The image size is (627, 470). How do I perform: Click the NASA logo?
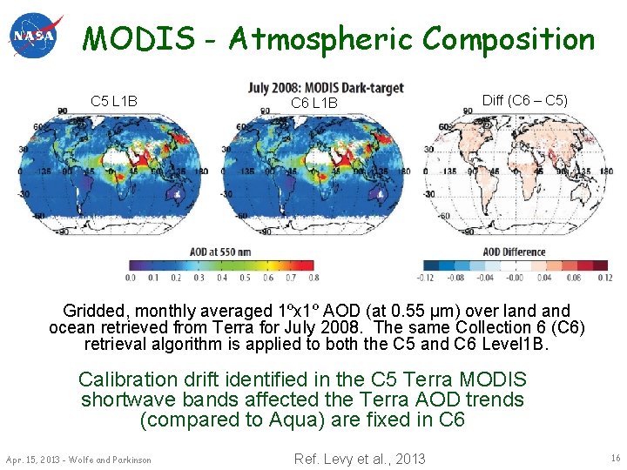(36, 36)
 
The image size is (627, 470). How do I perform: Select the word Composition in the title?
(509, 39)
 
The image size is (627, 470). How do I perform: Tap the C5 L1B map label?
(114, 102)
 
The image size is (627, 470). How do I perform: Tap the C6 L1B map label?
(314, 104)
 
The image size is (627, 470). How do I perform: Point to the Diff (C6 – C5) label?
(525, 100)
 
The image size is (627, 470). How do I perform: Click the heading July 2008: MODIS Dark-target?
(327, 88)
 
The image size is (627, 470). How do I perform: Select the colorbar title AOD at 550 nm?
(221, 252)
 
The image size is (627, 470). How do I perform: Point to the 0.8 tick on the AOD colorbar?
(313, 278)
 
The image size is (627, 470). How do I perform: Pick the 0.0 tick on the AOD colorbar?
(130, 278)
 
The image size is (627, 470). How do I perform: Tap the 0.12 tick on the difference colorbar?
(605, 278)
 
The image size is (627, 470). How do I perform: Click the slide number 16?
(614, 458)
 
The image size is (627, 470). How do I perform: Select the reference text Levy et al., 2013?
(375, 459)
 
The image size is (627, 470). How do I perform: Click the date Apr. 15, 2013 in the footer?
(32, 460)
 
